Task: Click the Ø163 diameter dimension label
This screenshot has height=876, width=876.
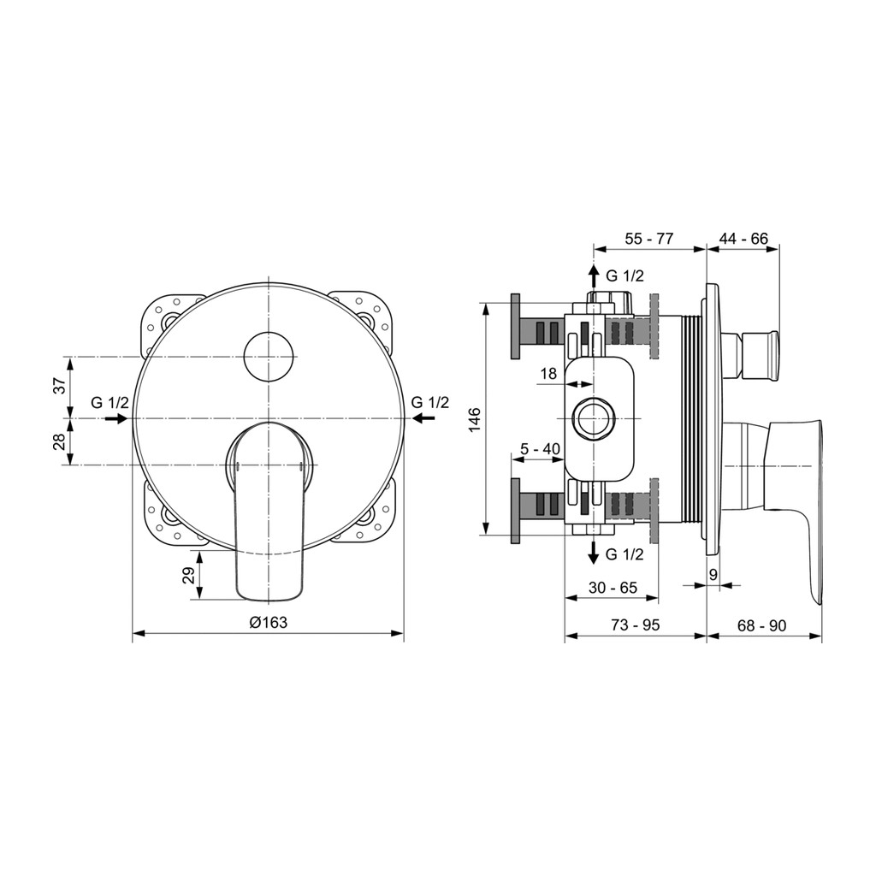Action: [x=268, y=622]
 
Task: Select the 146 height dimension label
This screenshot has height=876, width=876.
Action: [x=474, y=419]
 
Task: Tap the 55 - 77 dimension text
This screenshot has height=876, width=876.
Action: [x=649, y=239]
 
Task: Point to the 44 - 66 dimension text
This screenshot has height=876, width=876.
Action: [x=743, y=239]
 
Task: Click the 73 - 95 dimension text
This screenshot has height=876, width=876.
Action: [x=636, y=624]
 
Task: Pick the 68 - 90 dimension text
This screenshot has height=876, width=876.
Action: [x=761, y=625]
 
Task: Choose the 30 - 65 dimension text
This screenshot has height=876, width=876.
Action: [x=613, y=588]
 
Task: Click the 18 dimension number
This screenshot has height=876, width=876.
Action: [x=549, y=374]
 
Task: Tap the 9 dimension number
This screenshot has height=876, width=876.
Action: [x=713, y=574]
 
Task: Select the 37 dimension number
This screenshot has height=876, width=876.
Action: [x=61, y=385]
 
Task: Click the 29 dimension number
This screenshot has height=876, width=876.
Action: [x=191, y=575]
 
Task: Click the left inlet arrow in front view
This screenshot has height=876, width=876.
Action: [x=116, y=418]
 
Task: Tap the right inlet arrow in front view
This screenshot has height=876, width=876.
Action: [x=423, y=417]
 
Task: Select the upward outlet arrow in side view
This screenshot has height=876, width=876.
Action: [x=594, y=276]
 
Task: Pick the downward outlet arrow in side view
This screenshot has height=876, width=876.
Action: [x=594, y=553]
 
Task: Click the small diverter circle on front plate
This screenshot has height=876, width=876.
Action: [x=270, y=357]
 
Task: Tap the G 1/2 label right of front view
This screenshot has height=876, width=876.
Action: [x=430, y=402]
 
